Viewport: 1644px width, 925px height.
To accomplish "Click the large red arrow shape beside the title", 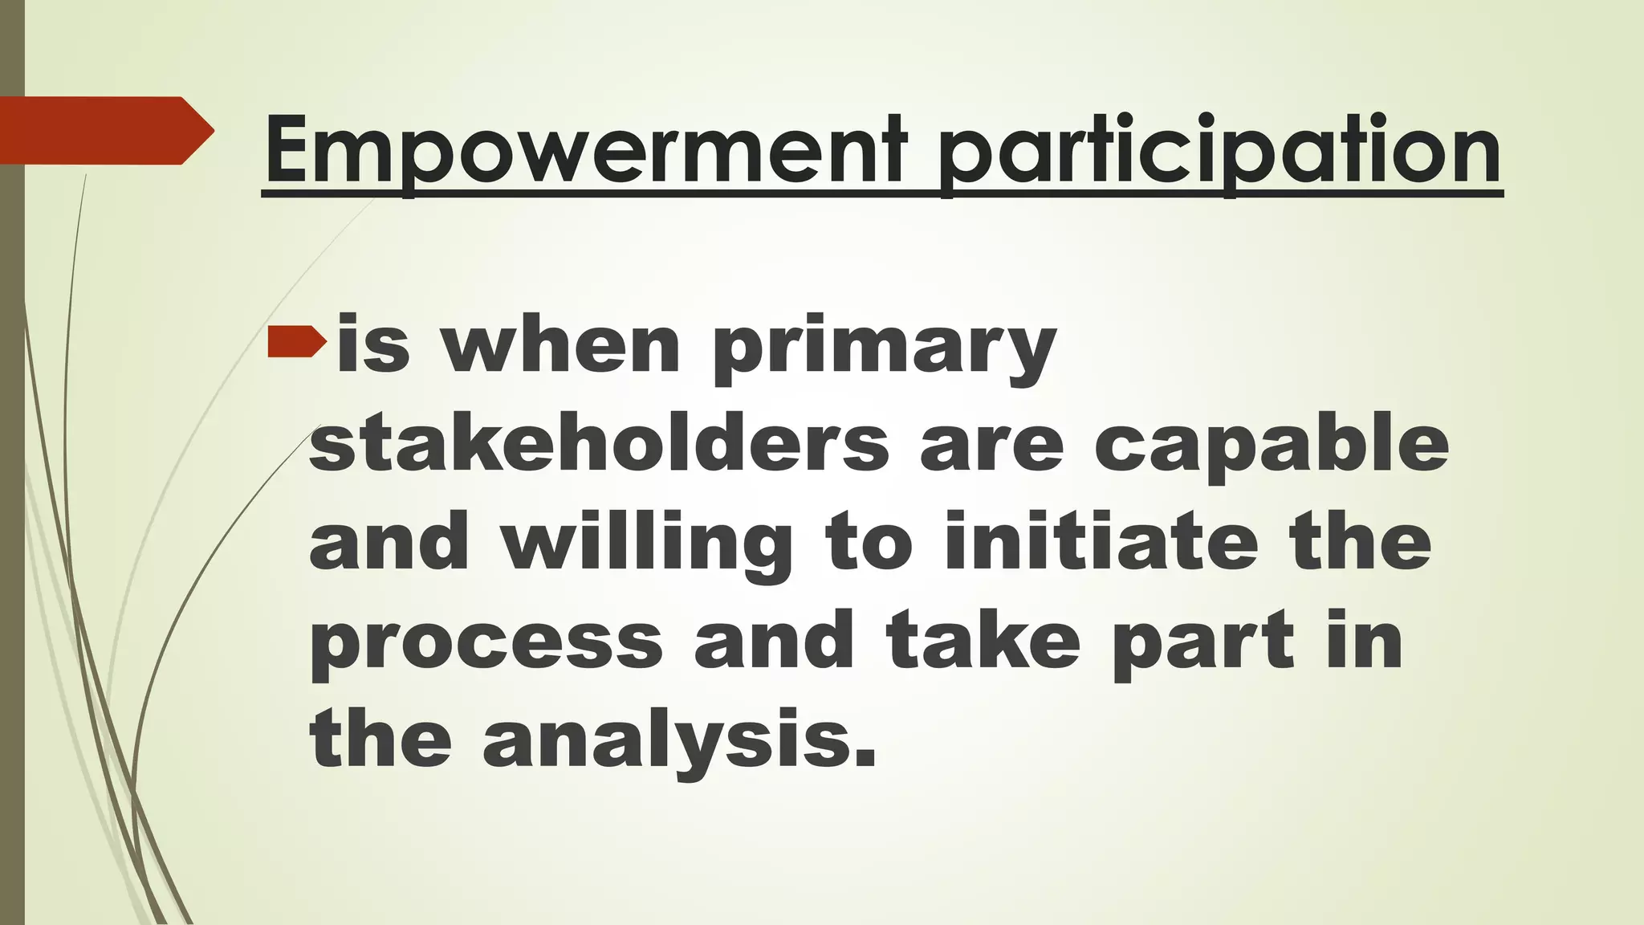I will (104, 130).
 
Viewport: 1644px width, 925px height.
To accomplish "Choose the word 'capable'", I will (1272, 446).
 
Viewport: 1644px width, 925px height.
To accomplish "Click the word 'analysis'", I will (679, 740).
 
